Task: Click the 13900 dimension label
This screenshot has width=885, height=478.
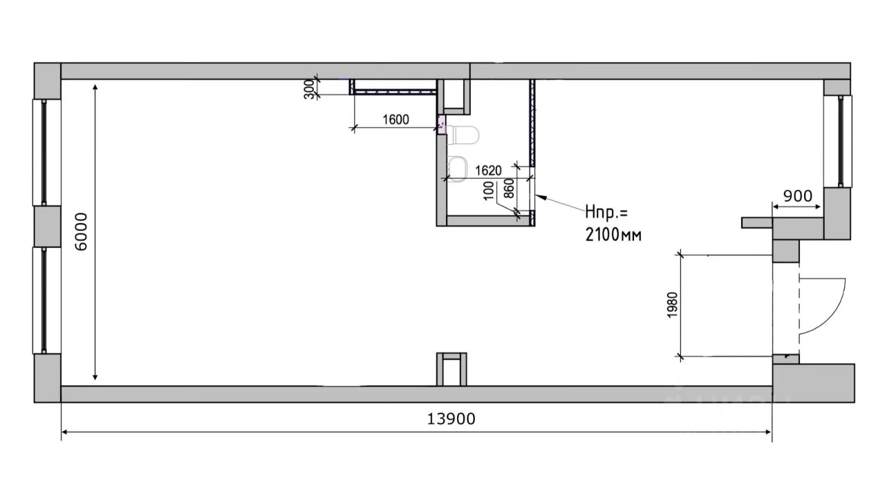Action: [x=451, y=419]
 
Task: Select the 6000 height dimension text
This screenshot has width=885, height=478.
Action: [x=81, y=231]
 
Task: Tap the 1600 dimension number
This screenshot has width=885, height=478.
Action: [x=395, y=119]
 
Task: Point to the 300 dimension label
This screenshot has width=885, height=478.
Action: [x=309, y=89]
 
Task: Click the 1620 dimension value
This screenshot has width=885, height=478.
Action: [x=488, y=171]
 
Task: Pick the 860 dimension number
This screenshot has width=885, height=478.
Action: [x=510, y=189]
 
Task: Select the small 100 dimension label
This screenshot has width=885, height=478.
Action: [x=489, y=191]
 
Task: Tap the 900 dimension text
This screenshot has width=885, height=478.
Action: [x=798, y=195]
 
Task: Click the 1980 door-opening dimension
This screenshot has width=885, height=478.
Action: [x=672, y=305]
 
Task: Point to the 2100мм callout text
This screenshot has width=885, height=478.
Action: [x=613, y=235]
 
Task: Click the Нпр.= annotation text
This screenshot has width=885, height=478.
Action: [x=606, y=212]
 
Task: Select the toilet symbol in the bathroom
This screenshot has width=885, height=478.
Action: [x=463, y=135]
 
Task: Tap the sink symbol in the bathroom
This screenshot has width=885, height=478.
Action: [x=458, y=169]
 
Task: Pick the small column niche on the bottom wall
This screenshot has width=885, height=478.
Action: [x=451, y=370]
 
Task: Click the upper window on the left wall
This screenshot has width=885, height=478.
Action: [x=46, y=153]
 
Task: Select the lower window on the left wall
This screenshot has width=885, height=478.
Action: [x=46, y=300]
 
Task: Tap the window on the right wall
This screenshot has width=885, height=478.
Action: [x=838, y=142]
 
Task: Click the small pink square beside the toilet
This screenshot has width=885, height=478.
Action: [x=442, y=125]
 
